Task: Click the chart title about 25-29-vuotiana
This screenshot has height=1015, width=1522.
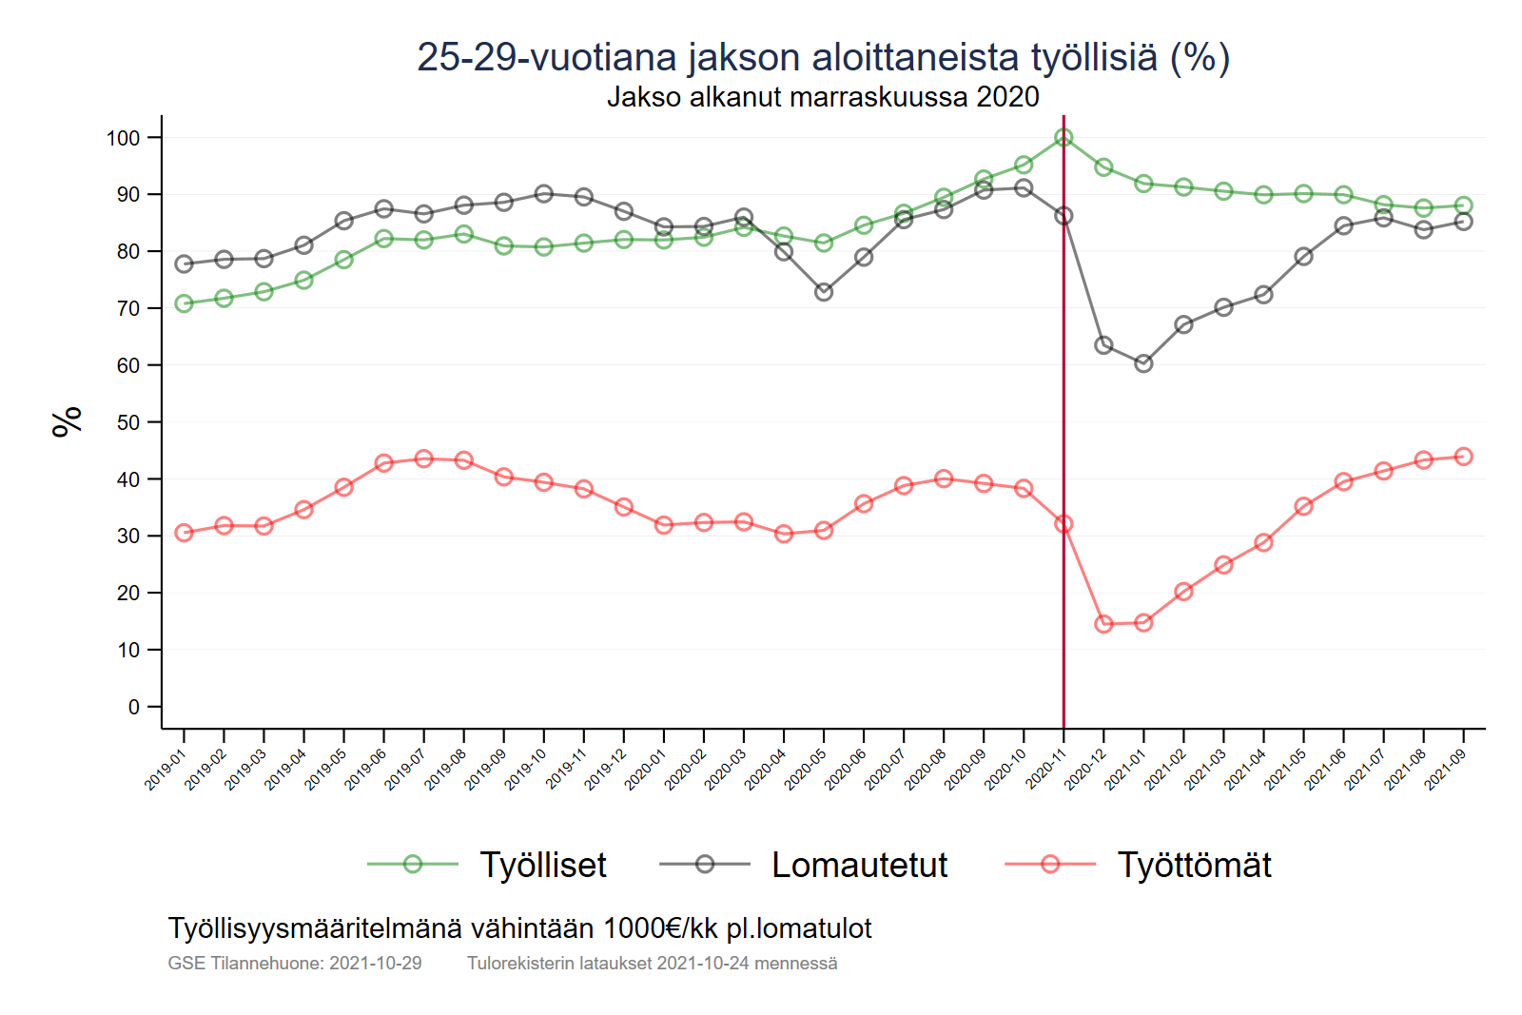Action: tap(823, 57)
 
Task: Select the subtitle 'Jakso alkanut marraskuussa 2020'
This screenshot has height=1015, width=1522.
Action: tap(823, 97)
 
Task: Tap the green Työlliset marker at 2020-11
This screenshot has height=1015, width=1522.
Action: tap(1063, 138)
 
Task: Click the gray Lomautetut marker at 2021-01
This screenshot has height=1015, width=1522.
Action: tap(1143, 363)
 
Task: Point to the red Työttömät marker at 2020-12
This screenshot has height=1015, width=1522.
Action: tap(1103, 624)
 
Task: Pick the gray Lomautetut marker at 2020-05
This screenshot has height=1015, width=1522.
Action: tap(824, 292)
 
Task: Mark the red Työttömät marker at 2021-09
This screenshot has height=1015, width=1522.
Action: tap(1463, 457)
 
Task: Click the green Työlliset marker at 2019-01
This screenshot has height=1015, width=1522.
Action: tap(185, 303)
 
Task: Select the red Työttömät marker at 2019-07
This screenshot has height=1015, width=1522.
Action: tap(424, 459)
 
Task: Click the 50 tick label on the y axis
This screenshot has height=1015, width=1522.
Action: tap(127, 422)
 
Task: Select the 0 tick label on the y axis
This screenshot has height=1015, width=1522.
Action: tap(134, 707)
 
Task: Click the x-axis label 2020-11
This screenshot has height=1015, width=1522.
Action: tap(1045, 769)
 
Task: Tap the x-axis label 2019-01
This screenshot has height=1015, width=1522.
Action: tap(165, 769)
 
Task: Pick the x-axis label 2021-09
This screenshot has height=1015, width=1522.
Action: tap(1445, 769)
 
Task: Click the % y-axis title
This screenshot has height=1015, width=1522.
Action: tap(68, 421)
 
